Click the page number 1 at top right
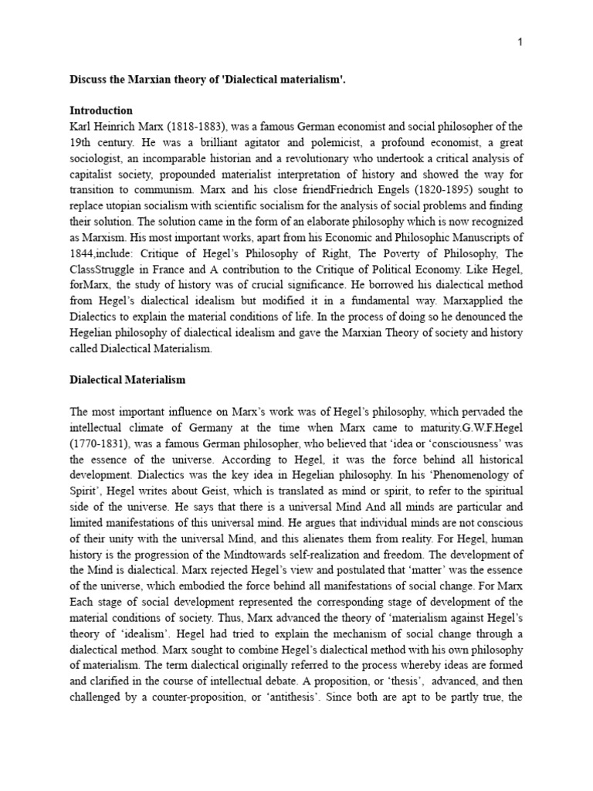[x=520, y=42]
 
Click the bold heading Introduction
[x=101, y=110]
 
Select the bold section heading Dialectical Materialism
[x=127, y=380]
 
